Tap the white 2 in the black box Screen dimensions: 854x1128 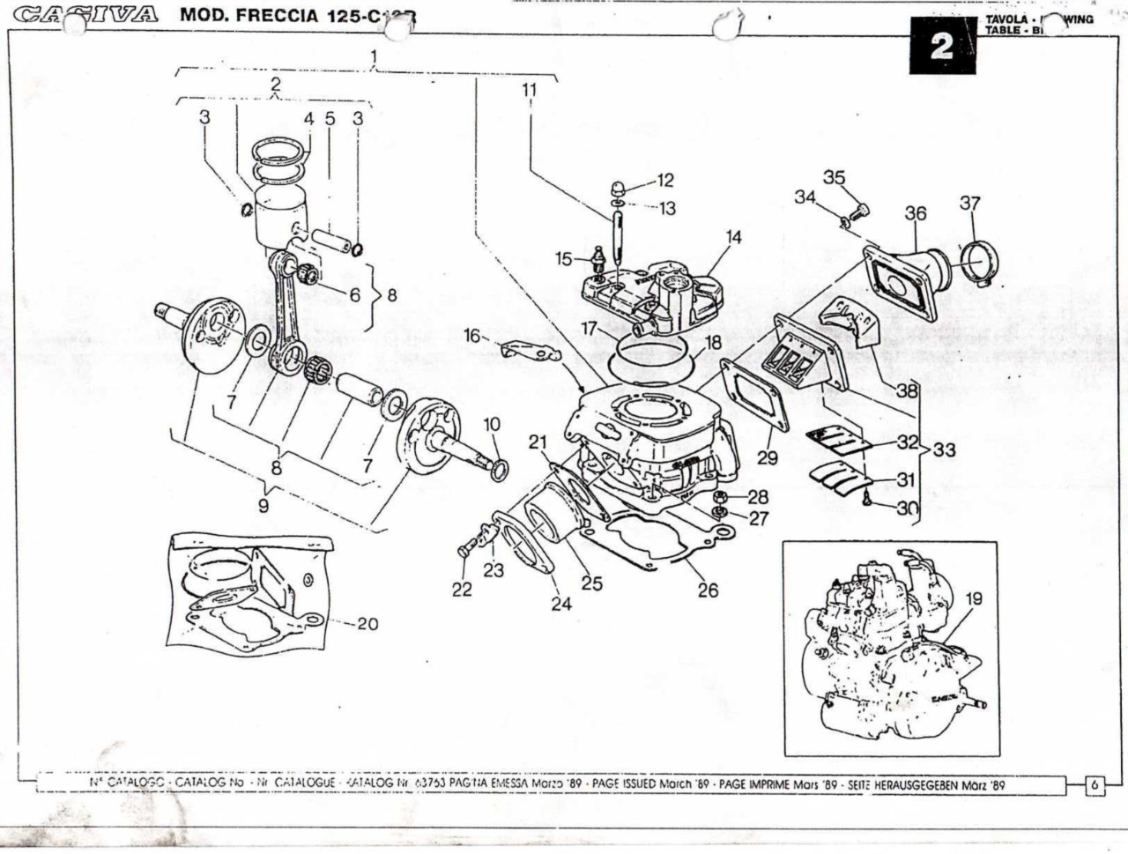click(941, 47)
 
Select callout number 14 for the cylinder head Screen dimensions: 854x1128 click(733, 237)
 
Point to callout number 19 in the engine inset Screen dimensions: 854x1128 click(973, 599)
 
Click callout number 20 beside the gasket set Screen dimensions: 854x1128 click(367, 624)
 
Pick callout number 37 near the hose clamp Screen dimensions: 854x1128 click(969, 204)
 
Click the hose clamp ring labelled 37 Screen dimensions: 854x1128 click(981, 263)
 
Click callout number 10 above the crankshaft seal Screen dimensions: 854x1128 click(492, 425)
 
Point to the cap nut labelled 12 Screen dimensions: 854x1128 click(620, 187)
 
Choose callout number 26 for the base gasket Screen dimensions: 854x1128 click(709, 590)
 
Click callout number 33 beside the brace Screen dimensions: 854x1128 click(944, 450)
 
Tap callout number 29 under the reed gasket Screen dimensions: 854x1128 click(768, 457)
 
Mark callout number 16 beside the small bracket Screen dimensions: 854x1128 click(472, 336)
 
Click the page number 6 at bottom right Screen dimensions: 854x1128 click(1095, 784)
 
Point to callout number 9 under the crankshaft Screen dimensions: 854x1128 click(263, 506)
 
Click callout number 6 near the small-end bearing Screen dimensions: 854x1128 click(354, 295)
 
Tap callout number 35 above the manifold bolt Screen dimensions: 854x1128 click(834, 178)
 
